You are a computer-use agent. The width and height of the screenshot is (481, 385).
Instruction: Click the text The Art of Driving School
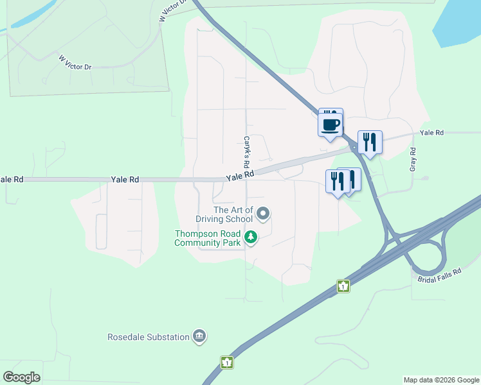233,214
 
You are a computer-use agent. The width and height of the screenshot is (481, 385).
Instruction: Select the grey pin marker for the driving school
263,213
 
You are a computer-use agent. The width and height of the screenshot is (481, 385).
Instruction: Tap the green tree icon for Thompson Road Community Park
250,239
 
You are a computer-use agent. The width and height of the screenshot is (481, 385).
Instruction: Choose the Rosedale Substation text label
149,337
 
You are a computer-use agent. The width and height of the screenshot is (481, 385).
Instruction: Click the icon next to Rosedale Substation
199,336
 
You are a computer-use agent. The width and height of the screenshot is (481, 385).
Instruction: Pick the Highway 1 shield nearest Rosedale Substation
226,363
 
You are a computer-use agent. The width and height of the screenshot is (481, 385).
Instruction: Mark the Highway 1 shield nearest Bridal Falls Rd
343,286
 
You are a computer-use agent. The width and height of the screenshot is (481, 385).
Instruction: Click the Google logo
21,377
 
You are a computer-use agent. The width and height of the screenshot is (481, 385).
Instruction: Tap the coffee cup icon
331,123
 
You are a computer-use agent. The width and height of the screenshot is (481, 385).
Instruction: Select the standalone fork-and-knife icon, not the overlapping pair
369,142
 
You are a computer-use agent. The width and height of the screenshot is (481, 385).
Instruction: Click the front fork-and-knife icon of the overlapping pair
338,182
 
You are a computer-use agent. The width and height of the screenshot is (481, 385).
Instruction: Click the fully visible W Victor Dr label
75,62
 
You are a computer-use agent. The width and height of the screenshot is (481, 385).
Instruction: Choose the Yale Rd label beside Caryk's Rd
240,175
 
